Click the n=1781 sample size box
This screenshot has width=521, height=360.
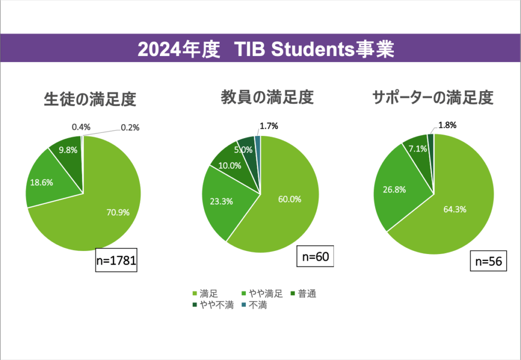[117, 261]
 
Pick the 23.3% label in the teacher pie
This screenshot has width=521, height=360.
[221, 201]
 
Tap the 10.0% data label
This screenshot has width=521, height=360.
[229, 165]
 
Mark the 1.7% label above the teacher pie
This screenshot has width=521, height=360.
[269, 125]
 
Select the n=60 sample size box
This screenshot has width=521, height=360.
[315, 256]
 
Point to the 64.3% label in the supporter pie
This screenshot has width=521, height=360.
[455, 209]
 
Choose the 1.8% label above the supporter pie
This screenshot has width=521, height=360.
[447, 125]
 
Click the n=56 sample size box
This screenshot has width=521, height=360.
[488, 261]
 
